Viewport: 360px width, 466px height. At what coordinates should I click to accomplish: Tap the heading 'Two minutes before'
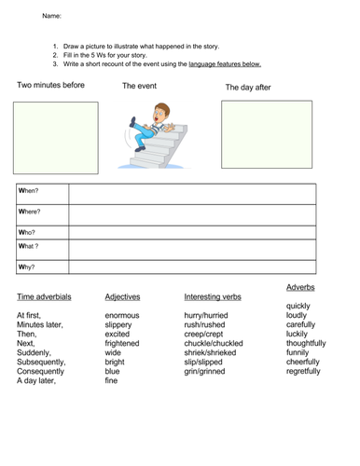click(51, 85)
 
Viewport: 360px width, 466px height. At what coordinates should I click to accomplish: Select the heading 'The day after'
click(247, 87)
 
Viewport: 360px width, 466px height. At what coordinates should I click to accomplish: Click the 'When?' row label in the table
click(30, 191)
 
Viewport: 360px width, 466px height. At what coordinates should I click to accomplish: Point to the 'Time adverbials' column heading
click(46, 297)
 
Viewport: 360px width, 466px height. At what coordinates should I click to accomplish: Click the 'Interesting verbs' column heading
click(213, 297)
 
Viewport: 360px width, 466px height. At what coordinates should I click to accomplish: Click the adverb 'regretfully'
click(303, 370)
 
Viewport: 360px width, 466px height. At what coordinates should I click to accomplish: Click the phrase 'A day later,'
click(37, 381)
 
